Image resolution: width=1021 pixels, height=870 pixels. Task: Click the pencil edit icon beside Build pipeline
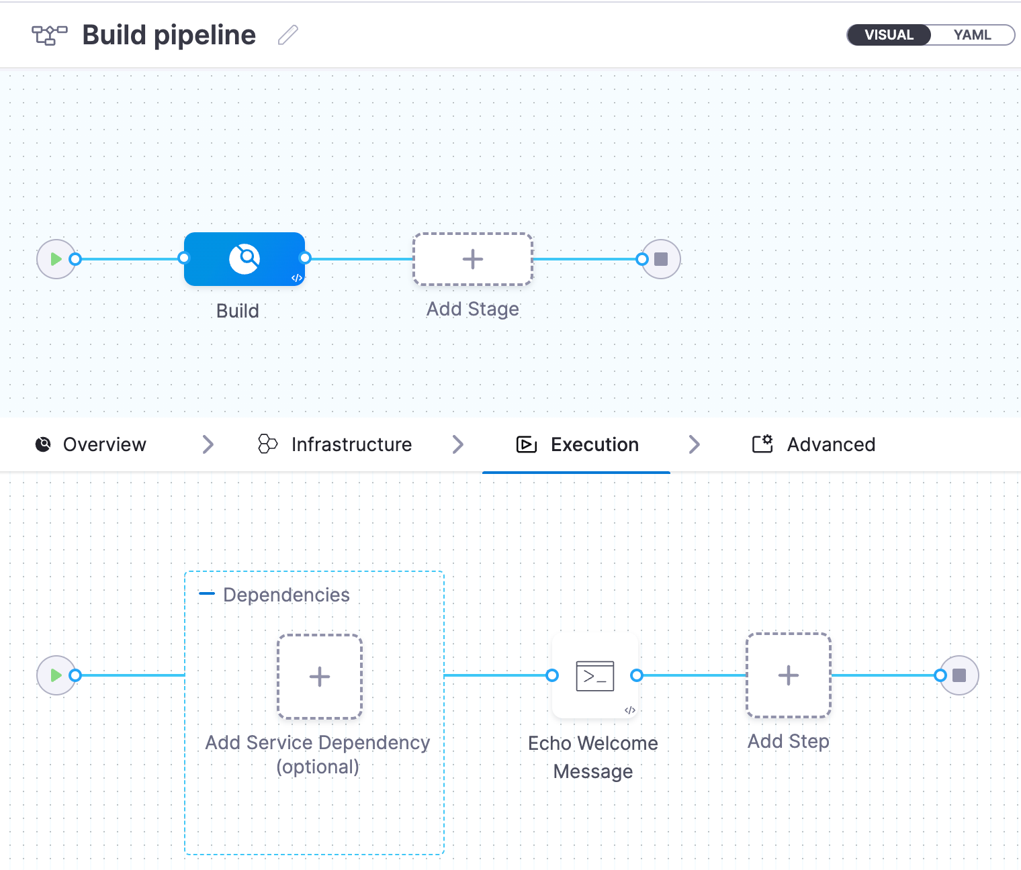pyautogui.click(x=287, y=35)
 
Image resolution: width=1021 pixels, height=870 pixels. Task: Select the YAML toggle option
pyautogui.click(x=971, y=35)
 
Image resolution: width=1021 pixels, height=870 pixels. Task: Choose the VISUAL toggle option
pyautogui.click(x=889, y=35)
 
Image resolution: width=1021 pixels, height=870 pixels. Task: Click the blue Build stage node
pyautogui.click(x=245, y=259)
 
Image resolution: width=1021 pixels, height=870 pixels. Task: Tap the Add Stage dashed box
pyautogui.click(x=473, y=259)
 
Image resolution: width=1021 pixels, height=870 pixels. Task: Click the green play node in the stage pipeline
pyautogui.click(x=56, y=259)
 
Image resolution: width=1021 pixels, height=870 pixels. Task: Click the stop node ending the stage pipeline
pyautogui.click(x=661, y=259)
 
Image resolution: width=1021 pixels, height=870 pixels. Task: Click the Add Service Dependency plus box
pyautogui.click(x=320, y=677)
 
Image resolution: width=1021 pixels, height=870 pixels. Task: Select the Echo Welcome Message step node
pyautogui.click(x=595, y=676)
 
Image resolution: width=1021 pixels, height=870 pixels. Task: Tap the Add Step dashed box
pyautogui.click(x=789, y=675)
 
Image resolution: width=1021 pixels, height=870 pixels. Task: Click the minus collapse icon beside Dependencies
pyautogui.click(x=207, y=594)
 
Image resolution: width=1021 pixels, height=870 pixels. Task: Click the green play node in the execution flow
pyautogui.click(x=56, y=675)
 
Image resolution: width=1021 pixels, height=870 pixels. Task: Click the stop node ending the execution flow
pyautogui.click(x=959, y=675)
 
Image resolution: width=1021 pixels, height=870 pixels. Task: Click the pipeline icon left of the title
pyautogui.click(x=50, y=35)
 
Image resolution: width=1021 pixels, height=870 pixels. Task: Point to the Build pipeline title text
pyautogui.click(x=169, y=35)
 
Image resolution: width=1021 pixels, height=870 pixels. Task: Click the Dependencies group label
pyautogui.click(x=286, y=595)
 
